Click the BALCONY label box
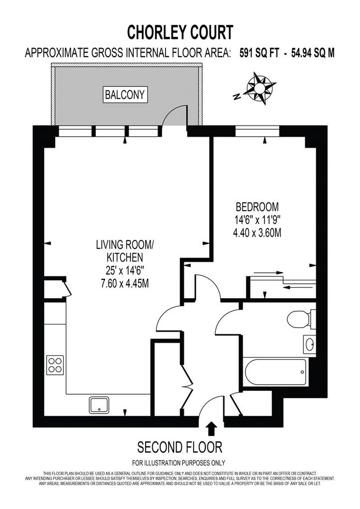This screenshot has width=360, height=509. [x=125, y=95]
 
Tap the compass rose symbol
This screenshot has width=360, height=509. [x=261, y=88]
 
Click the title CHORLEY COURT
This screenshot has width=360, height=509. [x=180, y=32]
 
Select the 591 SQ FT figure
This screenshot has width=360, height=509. [x=259, y=53]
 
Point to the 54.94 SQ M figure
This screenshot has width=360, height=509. [x=313, y=53]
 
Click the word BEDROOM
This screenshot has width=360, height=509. [x=257, y=206]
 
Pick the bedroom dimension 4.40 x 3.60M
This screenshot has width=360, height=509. [x=257, y=233]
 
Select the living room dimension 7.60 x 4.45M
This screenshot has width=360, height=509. [x=125, y=283]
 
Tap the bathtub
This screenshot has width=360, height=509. [x=275, y=371]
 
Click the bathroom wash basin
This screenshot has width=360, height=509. [x=310, y=344]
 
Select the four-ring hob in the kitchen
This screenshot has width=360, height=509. [x=55, y=365]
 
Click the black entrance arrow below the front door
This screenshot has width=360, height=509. [x=212, y=428]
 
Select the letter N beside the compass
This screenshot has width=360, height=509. [x=237, y=96]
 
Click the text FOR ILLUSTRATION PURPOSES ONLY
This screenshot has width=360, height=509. [x=179, y=463]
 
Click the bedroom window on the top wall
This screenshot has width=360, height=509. [x=257, y=131]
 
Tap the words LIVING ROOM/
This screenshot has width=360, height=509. [x=125, y=245]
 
